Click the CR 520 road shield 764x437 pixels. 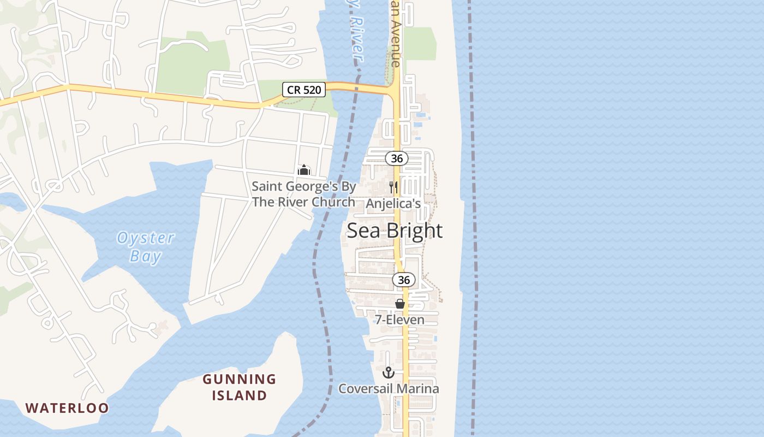click(x=305, y=89)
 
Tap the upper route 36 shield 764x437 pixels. click(x=397, y=158)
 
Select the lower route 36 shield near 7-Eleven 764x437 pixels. click(x=403, y=280)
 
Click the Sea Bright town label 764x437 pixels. click(x=395, y=231)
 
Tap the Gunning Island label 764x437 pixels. click(x=240, y=387)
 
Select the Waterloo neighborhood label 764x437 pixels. click(x=67, y=408)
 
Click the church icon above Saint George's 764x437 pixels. click(x=304, y=170)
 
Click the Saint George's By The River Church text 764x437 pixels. click(x=303, y=194)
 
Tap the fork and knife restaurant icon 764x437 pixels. click(x=393, y=187)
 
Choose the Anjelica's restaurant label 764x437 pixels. click(x=393, y=204)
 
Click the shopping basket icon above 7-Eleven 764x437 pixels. click(x=400, y=304)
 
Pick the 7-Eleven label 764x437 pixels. click(x=399, y=320)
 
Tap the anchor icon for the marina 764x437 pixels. click(x=389, y=373)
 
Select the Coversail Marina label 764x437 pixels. click(x=389, y=389)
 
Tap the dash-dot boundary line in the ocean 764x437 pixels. click(x=473, y=218)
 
